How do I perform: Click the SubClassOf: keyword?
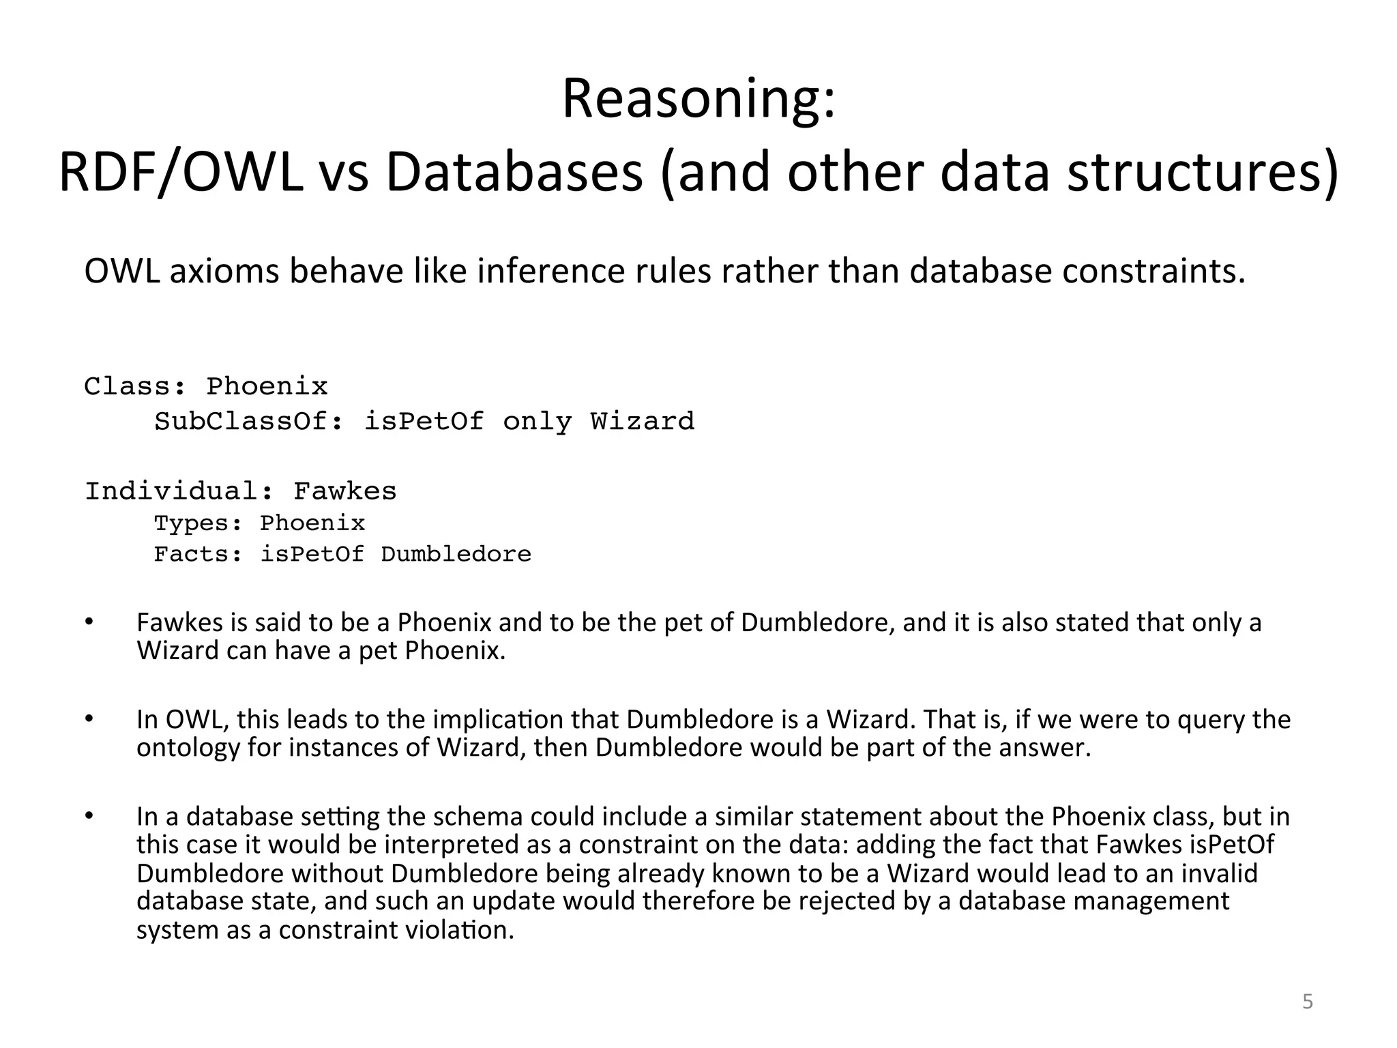point(250,422)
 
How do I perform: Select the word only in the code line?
point(537,422)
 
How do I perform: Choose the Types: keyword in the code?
point(198,524)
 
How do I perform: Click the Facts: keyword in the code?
point(198,555)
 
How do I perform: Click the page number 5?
point(1307,1002)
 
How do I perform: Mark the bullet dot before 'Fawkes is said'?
point(89,622)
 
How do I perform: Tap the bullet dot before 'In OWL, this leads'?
point(89,718)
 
